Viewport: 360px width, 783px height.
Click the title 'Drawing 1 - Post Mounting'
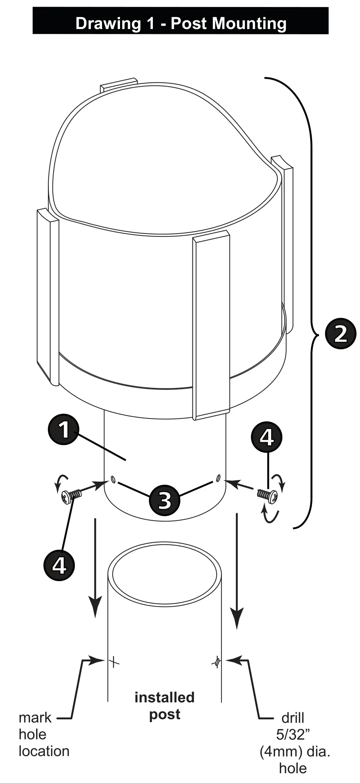181,23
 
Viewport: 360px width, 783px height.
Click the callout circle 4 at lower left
59,564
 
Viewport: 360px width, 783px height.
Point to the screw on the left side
71,495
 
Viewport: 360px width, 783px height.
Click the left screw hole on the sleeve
113,479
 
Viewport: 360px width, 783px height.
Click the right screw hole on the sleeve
218,478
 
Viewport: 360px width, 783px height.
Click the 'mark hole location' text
43,734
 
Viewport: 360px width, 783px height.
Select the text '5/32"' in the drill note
293,735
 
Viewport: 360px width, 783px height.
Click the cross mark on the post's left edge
114,662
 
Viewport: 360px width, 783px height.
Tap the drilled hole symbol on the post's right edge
217,661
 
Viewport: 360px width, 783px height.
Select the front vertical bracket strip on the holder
211,325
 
